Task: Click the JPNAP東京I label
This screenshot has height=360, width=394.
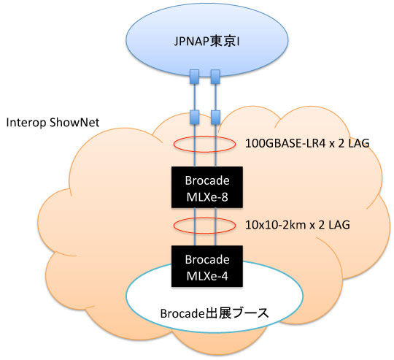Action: [206, 42]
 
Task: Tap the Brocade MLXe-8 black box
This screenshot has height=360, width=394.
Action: [207, 187]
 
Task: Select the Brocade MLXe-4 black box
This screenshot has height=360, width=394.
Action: [207, 267]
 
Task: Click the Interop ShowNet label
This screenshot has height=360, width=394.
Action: [53, 123]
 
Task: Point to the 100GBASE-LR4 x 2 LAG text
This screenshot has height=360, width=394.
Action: [307, 144]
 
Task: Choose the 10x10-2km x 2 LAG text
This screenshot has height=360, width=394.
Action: [298, 225]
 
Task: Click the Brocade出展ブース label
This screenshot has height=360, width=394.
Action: [215, 313]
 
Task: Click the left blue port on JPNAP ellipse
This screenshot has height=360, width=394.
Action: [194, 77]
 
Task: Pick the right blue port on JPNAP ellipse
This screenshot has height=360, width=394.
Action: [215, 77]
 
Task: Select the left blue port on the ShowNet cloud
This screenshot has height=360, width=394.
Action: [194, 117]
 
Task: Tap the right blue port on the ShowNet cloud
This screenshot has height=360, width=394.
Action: [215, 117]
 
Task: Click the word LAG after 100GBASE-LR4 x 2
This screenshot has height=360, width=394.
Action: [358, 144]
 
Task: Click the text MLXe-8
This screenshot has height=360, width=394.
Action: [207, 197]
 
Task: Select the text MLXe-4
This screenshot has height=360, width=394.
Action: [207, 277]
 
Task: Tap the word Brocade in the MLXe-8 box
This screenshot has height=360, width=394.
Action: [207, 180]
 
